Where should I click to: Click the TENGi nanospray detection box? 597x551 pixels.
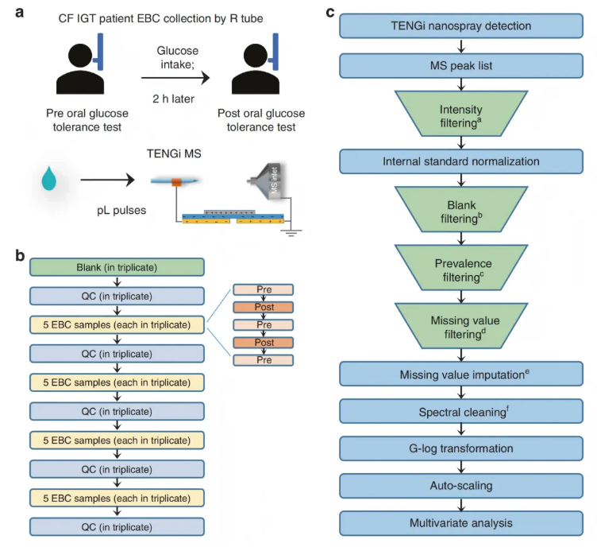(460, 26)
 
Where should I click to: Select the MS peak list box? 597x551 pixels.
(460, 64)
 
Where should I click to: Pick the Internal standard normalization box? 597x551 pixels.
(460, 161)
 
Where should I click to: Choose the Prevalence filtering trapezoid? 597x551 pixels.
(460, 269)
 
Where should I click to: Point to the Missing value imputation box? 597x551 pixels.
(460, 374)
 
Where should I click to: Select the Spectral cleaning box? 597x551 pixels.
(460, 412)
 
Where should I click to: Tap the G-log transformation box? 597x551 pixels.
(460, 448)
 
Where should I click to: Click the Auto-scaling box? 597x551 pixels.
(460, 486)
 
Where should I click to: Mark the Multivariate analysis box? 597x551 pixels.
(460, 523)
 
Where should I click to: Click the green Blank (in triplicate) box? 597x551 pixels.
(117, 267)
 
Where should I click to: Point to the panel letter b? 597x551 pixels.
(21, 258)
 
